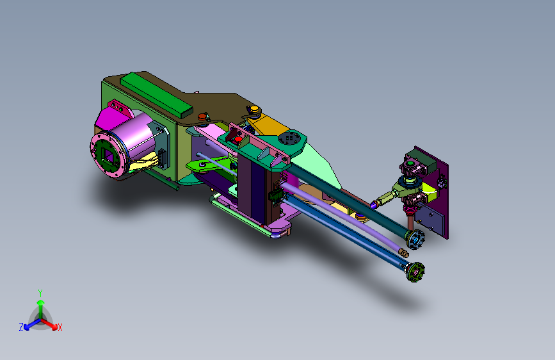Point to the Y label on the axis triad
point(40,293)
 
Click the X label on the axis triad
point(60,328)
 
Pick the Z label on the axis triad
point(21,327)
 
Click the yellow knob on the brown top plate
point(254,109)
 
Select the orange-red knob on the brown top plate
point(202,117)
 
